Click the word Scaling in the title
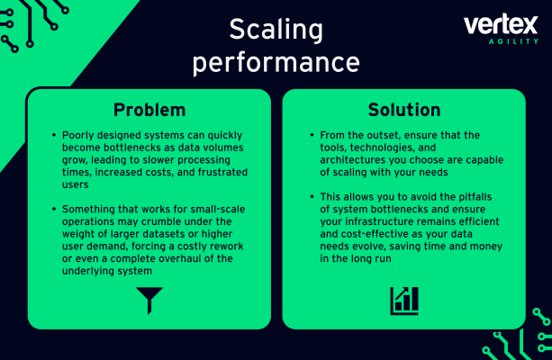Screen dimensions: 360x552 pyautogui.click(x=276, y=30)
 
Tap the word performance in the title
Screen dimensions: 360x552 pyautogui.click(x=276, y=63)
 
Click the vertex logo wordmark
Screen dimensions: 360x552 pyautogui.click(x=501, y=26)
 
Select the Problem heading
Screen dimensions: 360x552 pyautogui.click(x=149, y=110)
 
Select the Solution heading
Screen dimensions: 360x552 pyautogui.click(x=404, y=110)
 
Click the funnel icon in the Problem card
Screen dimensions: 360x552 pyautogui.click(x=149, y=300)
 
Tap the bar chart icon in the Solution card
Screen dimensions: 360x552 pyautogui.click(x=404, y=301)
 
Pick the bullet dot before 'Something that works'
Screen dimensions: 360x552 pyautogui.click(x=55, y=210)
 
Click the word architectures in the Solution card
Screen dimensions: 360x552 pyautogui.click(x=354, y=159)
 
